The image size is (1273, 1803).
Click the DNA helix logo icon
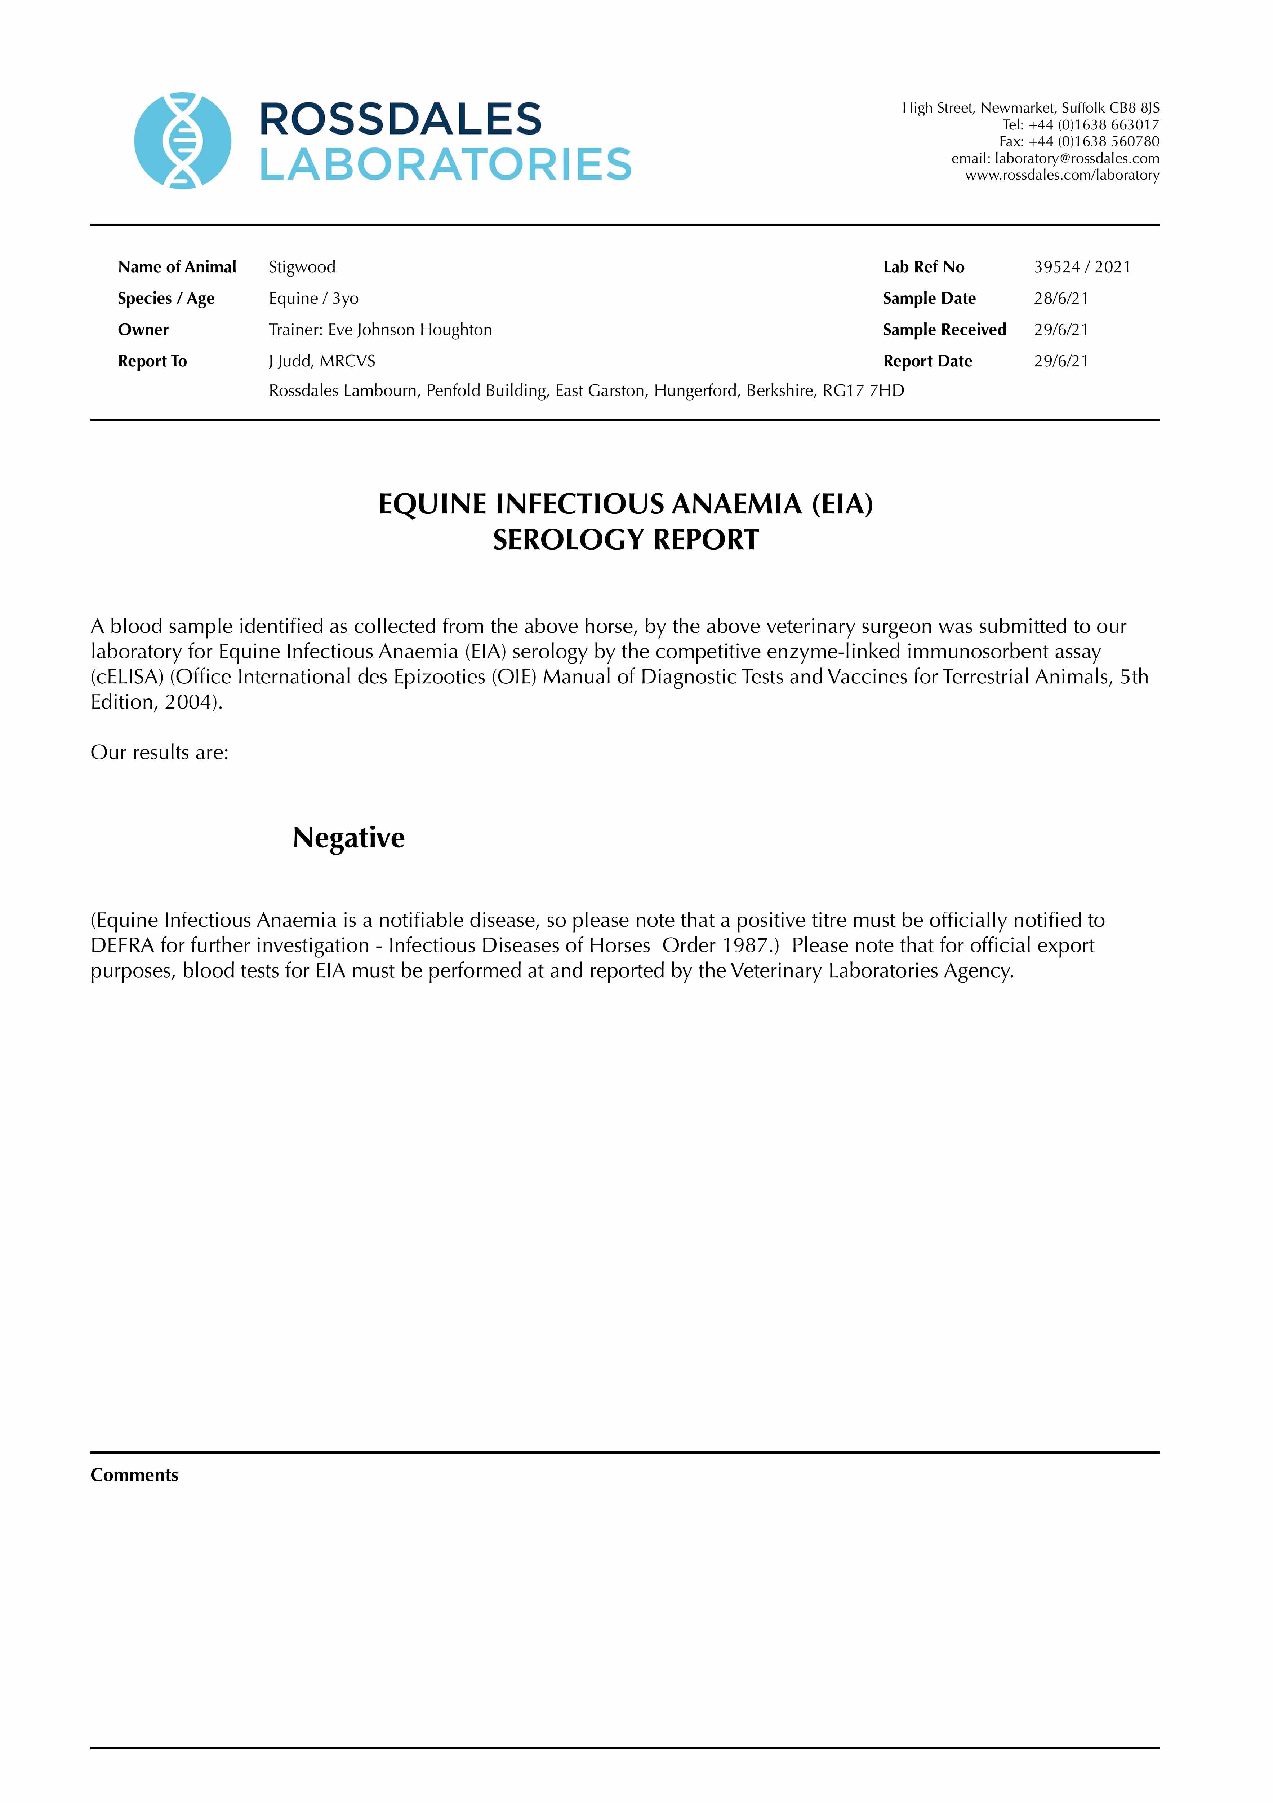[183, 141]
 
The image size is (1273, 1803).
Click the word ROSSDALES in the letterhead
[400, 119]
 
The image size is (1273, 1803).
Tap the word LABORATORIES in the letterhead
[445, 165]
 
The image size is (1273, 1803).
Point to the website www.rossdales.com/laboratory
[1062, 175]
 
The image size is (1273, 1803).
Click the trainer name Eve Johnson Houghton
[410, 330]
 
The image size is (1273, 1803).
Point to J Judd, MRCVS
[322, 361]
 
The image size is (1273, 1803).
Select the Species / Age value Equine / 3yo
[313, 299]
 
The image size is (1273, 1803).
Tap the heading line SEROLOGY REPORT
[626, 539]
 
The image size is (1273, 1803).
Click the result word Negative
[348, 838]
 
